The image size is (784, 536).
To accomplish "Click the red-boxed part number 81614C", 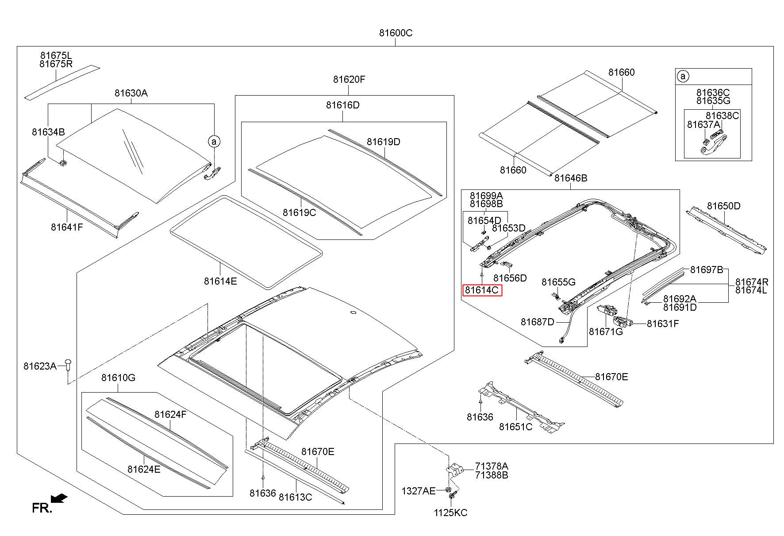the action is (482, 290).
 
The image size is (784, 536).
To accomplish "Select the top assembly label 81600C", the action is (396, 33).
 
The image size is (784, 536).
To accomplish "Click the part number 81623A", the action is (40, 366).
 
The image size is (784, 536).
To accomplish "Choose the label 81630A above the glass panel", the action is (131, 93).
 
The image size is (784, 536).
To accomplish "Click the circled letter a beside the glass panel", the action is (214, 142).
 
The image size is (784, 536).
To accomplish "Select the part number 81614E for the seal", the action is (220, 281).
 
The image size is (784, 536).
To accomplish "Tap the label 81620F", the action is (349, 80).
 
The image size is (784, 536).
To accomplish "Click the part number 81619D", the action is (383, 142).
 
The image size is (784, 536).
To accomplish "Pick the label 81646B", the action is (571, 178).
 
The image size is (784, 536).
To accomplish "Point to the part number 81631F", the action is (662, 324).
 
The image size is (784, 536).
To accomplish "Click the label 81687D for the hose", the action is (537, 322).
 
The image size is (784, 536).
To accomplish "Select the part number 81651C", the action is (515, 427).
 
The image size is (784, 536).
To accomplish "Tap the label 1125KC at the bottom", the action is (450, 513).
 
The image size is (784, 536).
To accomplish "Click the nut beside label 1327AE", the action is (448, 490).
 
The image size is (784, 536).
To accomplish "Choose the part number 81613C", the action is (295, 497).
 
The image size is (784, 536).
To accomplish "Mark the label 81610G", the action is (118, 378).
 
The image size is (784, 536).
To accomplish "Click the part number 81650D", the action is (723, 206).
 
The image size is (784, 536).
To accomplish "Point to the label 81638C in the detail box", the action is (722, 116).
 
